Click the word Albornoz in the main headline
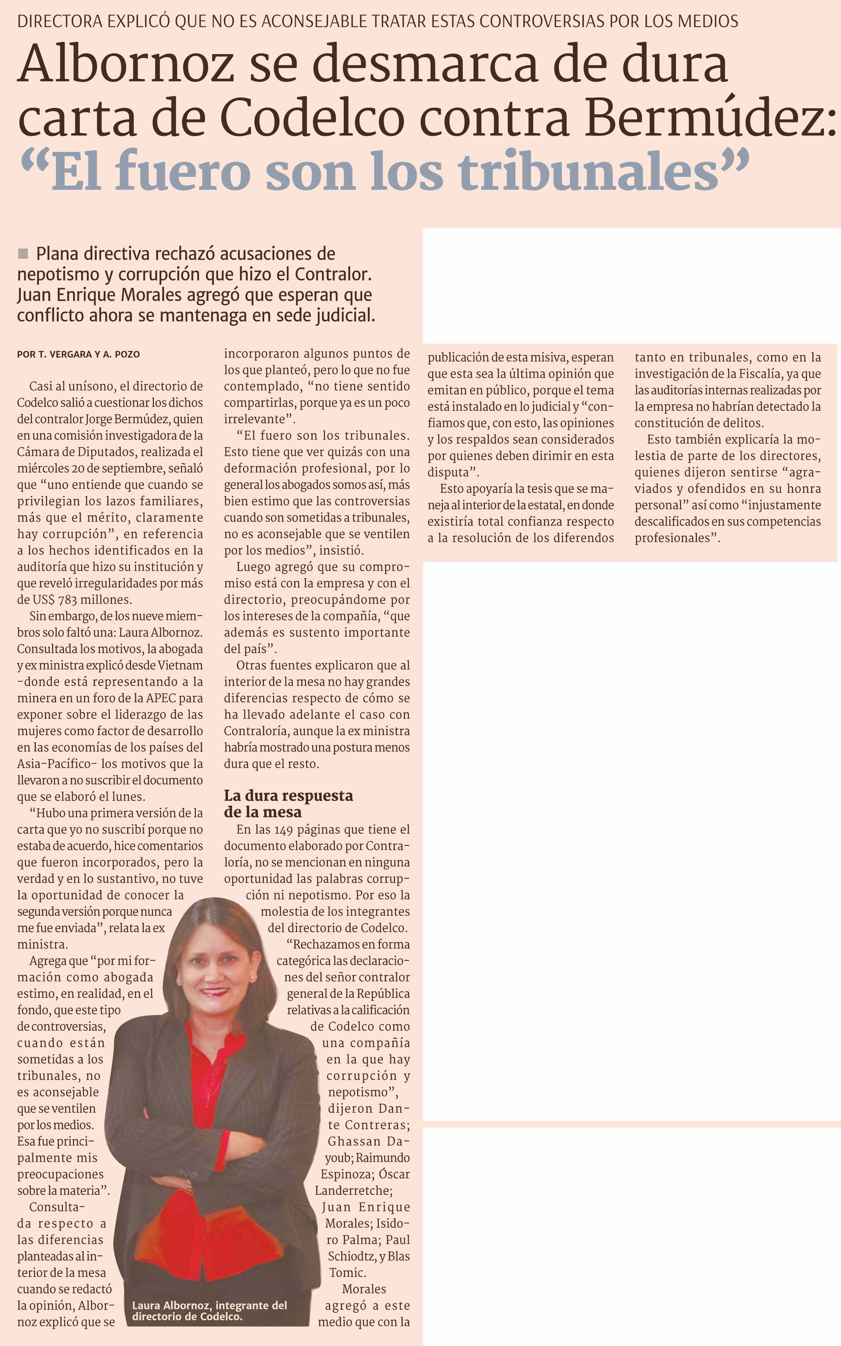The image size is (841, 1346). pos(125,64)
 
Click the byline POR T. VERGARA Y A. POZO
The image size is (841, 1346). pos(79,354)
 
